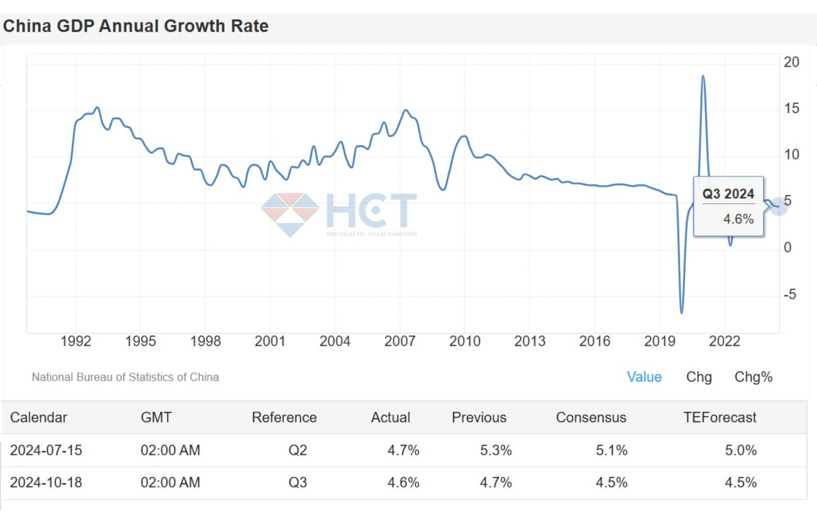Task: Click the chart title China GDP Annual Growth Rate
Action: coord(136,26)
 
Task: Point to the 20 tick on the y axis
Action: coord(791,62)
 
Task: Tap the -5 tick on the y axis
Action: coord(789,294)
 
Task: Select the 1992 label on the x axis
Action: coord(76,341)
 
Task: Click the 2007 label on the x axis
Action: coord(399,341)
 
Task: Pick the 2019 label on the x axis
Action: coord(659,341)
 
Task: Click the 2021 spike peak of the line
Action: coord(703,77)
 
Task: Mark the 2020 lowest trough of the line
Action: coord(682,312)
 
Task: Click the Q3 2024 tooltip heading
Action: coord(728,194)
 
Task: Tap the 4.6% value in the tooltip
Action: coord(738,219)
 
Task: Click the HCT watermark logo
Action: coord(339,213)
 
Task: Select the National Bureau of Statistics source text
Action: coord(125,377)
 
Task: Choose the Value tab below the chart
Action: coord(644,377)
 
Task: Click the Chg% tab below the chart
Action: coord(753,377)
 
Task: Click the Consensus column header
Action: coord(591,417)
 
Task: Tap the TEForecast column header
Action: coord(719,417)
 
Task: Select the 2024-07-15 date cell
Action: coord(46,450)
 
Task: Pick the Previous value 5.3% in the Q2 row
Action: coord(495,450)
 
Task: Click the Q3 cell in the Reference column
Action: coord(298,482)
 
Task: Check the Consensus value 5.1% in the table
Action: coord(611,450)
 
